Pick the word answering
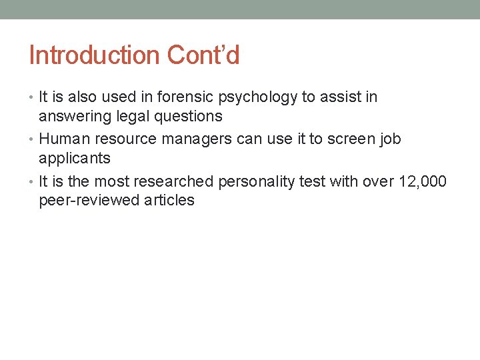[74, 117]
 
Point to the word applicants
[75, 159]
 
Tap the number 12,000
[423, 181]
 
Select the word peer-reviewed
[89, 201]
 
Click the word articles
[169, 200]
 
